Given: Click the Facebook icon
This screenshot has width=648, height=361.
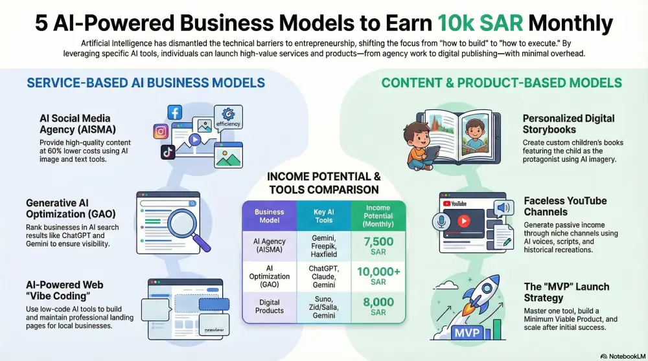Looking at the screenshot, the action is (175, 112).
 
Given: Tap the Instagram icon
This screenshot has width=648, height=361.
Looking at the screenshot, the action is (161, 131).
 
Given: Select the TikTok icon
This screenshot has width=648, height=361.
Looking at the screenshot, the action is (168, 152).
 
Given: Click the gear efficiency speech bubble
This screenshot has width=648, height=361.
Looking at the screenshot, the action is (227, 118).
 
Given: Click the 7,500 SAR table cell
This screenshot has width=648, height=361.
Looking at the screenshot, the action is (378, 246).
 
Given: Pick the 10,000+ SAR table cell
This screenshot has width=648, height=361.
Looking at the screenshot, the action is (378, 276).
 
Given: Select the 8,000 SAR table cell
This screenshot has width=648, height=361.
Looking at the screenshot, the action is (378, 307).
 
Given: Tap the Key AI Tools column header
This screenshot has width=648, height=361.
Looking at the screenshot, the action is (323, 216).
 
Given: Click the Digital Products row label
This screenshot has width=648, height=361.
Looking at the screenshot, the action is (269, 307).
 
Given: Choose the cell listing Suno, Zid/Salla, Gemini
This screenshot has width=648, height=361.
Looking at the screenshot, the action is (323, 307).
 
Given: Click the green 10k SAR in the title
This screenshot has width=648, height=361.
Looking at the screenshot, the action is (480, 23).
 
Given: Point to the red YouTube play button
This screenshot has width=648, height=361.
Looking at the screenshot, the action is (464, 221).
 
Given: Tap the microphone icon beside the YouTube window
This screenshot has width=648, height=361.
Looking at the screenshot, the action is (441, 222).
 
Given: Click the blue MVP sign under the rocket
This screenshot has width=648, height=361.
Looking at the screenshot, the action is (467, 333).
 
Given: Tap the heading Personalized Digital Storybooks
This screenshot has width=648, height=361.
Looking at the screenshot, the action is (568, 124).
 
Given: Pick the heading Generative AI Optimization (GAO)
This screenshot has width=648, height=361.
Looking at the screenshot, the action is (71, 208).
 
